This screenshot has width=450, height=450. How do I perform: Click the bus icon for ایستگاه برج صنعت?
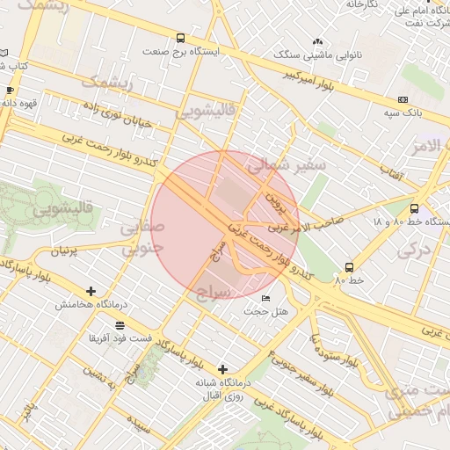(x=180, y=38)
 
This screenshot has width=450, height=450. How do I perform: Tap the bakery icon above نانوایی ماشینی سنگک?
(x=317, y=42)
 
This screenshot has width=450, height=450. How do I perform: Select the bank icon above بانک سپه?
(x=403, y=100)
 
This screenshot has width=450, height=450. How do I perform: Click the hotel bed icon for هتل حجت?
(x=266, y=299)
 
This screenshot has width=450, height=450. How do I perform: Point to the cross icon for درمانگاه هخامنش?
(x=91, y=291)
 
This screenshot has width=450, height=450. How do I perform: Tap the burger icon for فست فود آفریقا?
(x=120, y=325)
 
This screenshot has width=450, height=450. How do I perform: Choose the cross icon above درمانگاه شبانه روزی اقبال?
(x=222, y=369)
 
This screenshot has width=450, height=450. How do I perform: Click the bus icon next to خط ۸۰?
(x=350, y=267)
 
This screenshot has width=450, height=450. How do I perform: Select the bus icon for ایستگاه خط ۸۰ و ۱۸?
(x=414, y=208)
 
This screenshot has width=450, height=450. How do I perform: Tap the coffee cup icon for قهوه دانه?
(x=10, y=90)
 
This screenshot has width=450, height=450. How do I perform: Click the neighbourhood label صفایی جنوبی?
(x=142, y=237)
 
